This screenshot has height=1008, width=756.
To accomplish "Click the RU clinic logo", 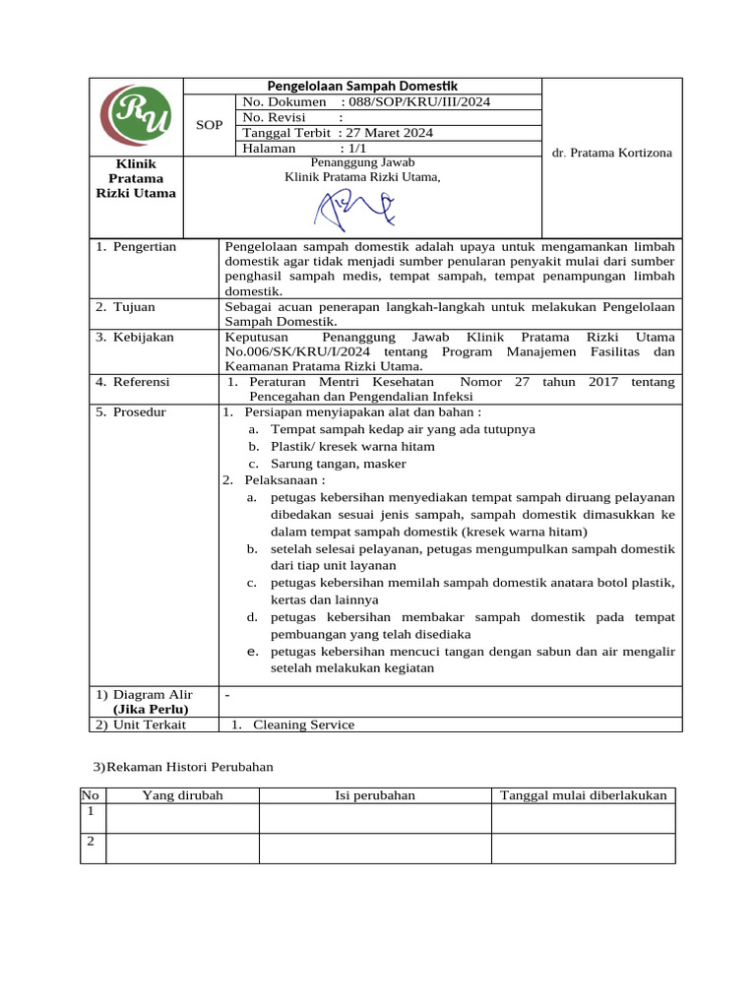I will (136, 115).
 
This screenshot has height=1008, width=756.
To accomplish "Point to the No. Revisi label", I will (277, 117).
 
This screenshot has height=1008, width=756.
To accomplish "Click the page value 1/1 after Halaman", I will (351, 149).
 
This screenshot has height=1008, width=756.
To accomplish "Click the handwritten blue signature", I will (354, 207).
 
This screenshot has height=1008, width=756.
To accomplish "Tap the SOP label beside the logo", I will (210, 125).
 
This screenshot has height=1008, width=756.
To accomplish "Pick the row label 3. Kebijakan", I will (135, 337).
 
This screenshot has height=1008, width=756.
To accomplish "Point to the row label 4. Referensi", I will (133, 382).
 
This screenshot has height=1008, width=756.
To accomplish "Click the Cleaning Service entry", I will (303, 724).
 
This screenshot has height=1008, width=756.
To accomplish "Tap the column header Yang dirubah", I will (182, 795).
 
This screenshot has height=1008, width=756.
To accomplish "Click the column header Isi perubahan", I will (375, 795).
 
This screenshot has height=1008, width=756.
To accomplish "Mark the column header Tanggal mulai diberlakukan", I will (583, 795).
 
